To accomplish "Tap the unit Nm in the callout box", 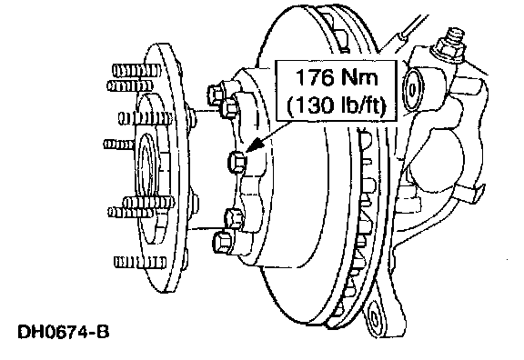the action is [x=359, y=77].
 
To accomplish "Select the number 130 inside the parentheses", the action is [x=318, y=105].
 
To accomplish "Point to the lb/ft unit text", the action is [x=363, y=105].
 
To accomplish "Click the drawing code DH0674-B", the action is [x=64, y=332].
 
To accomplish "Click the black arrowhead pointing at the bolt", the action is [x=254, y=145].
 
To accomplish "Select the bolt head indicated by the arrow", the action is [x=237, y=162].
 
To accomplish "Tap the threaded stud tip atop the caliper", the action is [x=455, y=35].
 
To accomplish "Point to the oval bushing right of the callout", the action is [x=413, y=89].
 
